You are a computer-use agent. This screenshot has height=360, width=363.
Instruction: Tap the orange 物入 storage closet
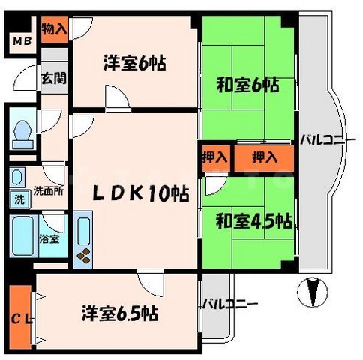point(54,29)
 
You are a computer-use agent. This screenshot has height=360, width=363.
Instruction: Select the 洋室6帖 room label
point(134,63)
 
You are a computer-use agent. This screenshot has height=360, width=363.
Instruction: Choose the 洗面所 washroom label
point(47,190)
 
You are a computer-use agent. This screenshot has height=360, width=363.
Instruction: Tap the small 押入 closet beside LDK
point(215,157)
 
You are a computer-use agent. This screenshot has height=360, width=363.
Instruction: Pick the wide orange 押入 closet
point(263,157)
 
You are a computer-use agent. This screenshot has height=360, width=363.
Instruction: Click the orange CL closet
point(19,316)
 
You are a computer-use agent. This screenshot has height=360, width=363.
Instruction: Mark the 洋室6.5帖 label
point(120,312)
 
